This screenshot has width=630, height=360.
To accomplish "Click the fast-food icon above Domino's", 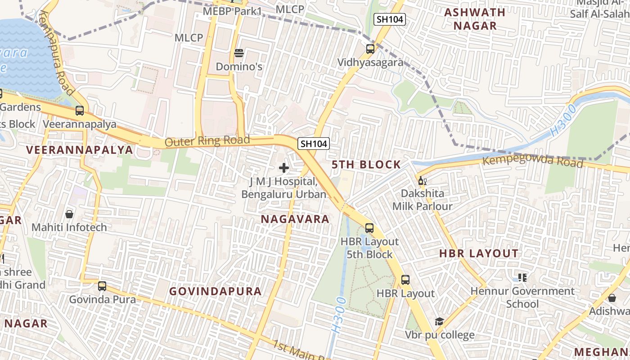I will [239, 54].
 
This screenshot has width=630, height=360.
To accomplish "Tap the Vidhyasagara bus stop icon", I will [370, 49].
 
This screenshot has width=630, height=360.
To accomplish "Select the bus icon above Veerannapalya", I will [80, 110].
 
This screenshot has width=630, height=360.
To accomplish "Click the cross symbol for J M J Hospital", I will [284, 168].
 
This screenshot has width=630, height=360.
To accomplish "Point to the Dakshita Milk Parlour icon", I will [422, 181].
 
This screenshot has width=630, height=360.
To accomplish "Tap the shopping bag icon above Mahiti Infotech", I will [69, 214].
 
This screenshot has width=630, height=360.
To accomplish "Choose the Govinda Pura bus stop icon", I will [102, 286].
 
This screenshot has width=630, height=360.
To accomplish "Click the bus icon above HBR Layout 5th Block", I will [369, 228].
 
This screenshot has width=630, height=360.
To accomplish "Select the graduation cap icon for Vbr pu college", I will [439, 321].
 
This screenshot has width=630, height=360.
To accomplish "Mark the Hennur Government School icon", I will [522, 278].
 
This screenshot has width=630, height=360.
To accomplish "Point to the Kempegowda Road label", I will [533, 160].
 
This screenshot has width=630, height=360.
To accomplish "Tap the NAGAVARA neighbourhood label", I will [295, 219].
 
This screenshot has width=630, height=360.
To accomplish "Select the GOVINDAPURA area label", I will [216, 291].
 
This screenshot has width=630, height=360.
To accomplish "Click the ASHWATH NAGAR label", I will [475, 19].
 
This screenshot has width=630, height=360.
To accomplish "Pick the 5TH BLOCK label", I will [366, 165].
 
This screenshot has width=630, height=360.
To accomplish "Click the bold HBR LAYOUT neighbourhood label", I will [479, 253].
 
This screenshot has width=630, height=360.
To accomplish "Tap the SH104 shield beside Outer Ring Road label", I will [314, 144].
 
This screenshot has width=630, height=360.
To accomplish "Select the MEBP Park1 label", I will [232, 11].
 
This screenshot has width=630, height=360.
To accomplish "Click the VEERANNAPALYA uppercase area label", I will [80, 150].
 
